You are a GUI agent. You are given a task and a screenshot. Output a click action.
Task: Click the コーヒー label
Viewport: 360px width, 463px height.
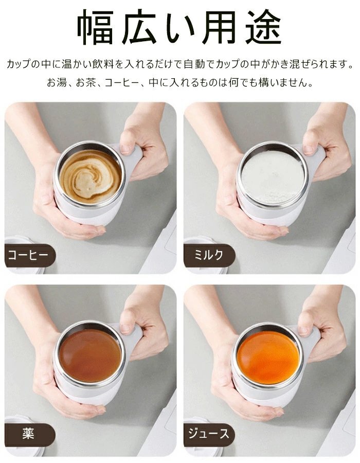(x=28, y=255)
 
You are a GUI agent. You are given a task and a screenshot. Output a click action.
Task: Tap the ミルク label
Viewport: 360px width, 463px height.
(x=209, y=255)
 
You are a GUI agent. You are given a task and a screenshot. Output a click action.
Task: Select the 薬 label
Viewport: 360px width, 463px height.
(x=28, y=434)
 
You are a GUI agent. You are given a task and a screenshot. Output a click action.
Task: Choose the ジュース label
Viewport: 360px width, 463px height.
(x=209, y=434)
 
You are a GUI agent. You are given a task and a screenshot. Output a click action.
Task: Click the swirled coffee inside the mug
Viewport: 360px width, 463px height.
(x=91, y=176)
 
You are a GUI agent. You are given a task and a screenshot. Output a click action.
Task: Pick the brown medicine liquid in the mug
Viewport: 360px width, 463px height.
(x=90, y=355)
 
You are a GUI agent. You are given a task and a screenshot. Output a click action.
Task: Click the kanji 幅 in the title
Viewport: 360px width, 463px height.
(x=95, y=27)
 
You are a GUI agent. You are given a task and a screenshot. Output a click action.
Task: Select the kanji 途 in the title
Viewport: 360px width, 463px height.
(x=263, y=27)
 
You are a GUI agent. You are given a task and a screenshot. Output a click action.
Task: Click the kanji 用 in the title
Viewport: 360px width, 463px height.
(x=221, y=27)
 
